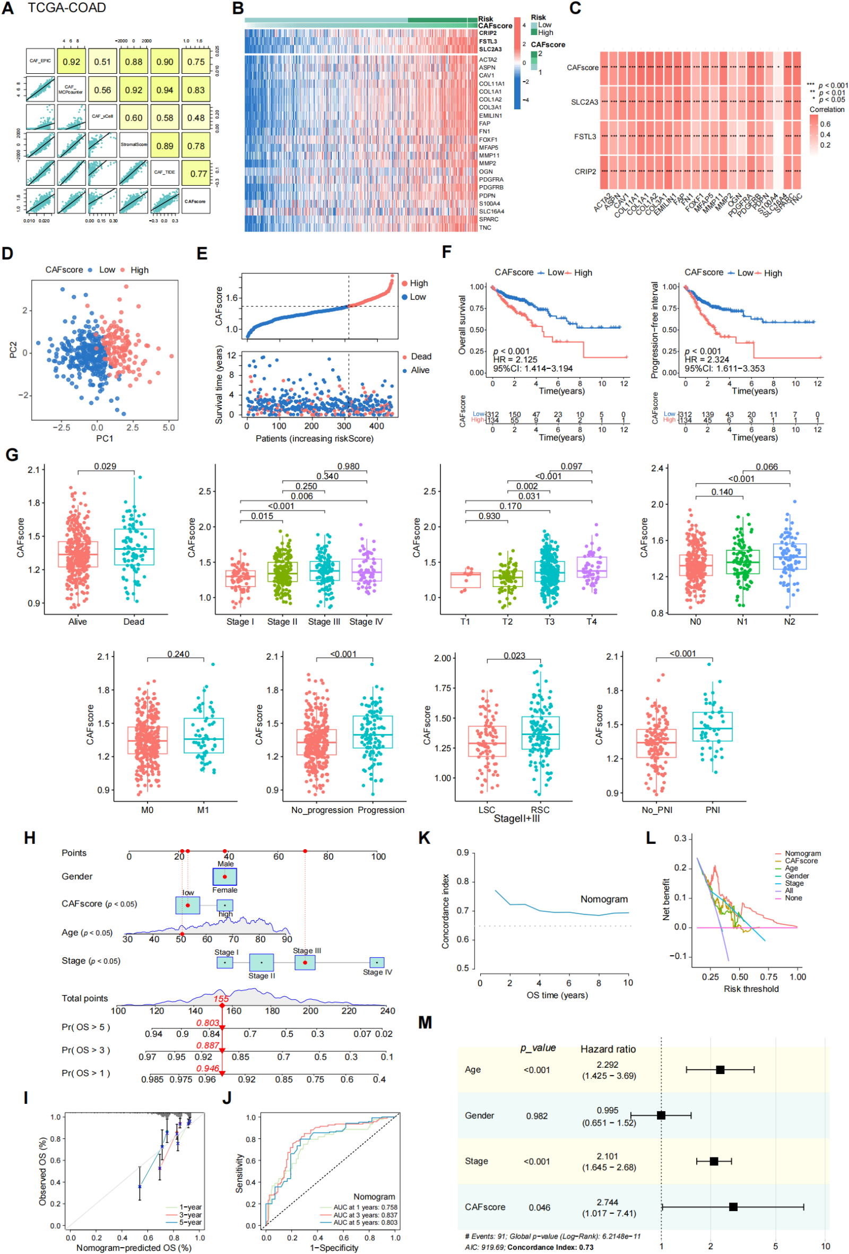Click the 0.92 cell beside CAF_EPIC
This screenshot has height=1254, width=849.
[71, 62]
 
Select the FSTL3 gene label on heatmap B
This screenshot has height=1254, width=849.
[488, 41]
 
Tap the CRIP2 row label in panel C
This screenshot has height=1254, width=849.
[585, 171]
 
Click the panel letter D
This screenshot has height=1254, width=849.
[7, 254]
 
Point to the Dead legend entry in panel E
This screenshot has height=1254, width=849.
[421, 357]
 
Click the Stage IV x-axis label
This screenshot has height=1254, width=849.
[366, 621]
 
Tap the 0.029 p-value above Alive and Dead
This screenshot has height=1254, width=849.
[105, 466]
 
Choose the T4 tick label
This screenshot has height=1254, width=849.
[591, 621]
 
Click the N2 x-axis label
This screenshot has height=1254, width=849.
[789, 621]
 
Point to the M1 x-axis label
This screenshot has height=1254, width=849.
[203, 810]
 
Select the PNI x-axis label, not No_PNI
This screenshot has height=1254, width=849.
[713, 810]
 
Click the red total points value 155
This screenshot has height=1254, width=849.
[221, 999]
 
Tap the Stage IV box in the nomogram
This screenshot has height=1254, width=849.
[377, 963]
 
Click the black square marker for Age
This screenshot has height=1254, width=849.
[720, 1069]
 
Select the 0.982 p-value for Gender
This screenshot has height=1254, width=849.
[536, 1116]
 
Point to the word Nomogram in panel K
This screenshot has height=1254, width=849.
[603, 900]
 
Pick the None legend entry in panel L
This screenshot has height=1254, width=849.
[793, 898]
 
